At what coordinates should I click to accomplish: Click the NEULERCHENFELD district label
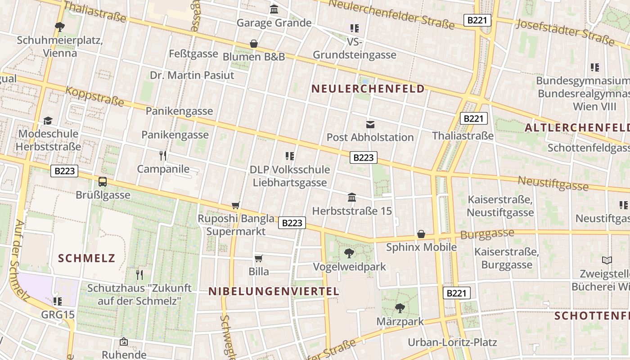368,89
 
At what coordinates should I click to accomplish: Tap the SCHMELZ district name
87,258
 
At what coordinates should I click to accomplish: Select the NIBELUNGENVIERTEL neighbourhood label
274,291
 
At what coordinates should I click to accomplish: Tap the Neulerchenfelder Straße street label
391,13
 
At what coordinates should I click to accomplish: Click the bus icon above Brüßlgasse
103,182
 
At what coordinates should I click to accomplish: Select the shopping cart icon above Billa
259,258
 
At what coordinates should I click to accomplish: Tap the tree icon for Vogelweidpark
349,253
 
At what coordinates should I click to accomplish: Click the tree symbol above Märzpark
400,308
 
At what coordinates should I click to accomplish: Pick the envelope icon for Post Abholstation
370,124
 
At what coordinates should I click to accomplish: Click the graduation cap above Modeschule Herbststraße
48,121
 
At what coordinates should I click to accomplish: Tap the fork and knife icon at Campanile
163,156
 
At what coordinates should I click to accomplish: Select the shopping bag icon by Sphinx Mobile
421,234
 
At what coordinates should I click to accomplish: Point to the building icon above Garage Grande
274,9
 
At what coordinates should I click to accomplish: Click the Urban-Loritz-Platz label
452,342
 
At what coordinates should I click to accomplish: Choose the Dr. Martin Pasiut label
192,75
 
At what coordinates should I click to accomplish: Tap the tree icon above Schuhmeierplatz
60,27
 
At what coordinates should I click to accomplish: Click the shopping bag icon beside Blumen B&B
254,44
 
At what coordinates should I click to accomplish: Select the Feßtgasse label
193,54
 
